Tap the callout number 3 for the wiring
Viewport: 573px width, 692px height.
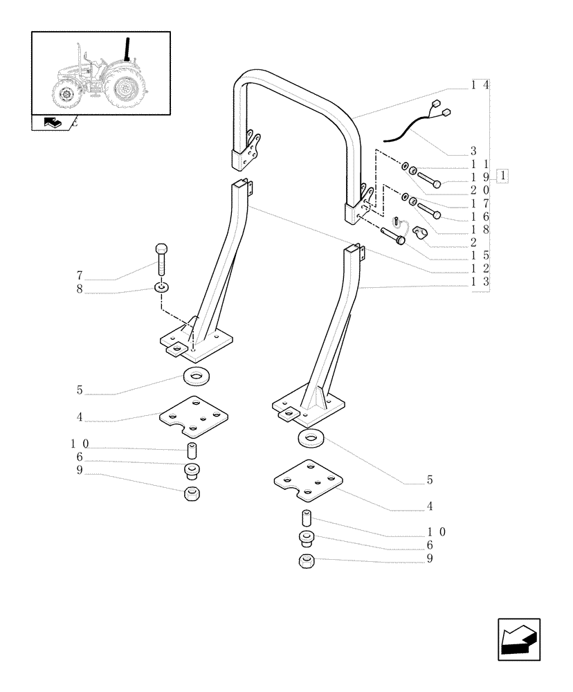click(x=473, y=151)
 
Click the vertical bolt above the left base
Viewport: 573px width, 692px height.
click(x=161, y=259)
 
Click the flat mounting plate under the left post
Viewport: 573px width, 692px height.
click(x=194, y=417)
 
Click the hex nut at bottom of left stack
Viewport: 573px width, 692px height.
click(x=193, y=495)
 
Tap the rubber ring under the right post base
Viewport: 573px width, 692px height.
click(x=312, y=438)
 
